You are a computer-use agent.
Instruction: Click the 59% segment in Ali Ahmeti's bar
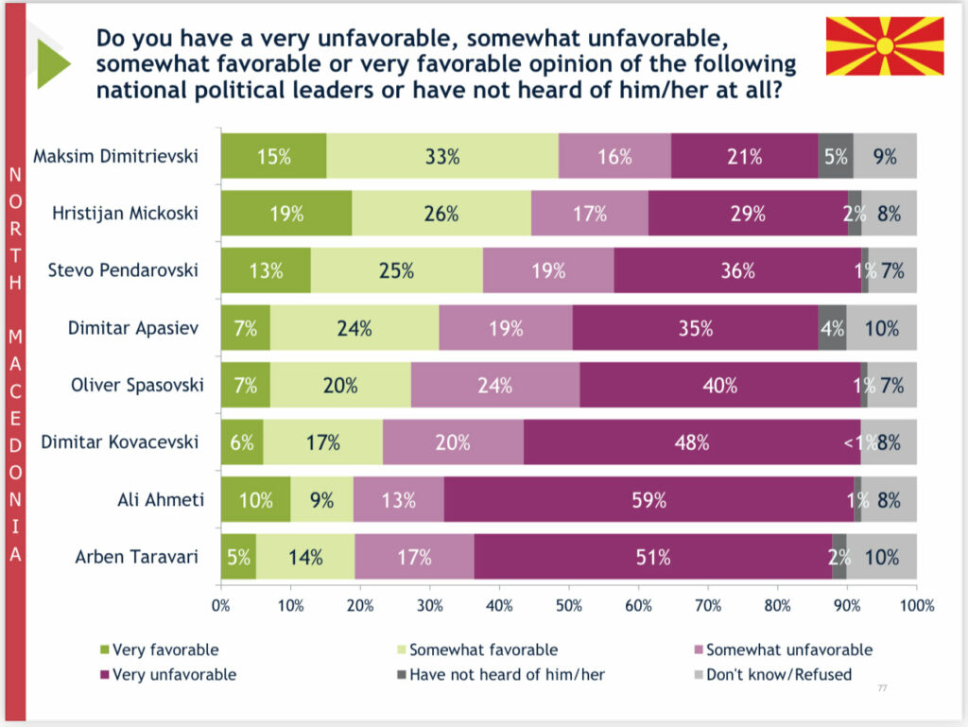coord(648,499)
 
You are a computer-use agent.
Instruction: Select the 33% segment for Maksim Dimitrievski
coord(442,156)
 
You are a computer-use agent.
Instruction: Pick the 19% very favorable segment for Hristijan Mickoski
coord(286,214)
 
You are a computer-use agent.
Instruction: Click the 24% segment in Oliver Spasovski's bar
coord(494,385)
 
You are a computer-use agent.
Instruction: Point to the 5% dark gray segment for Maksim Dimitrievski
coord(836,156)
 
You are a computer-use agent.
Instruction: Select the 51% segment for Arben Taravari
coord(652,557)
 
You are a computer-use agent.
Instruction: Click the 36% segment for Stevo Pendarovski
coord(737,270)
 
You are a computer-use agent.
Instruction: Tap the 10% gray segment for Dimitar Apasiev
coord(881,328)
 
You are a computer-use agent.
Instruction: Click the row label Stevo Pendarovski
coord(123,270)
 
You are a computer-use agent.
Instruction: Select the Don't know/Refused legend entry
coord(772,675)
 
